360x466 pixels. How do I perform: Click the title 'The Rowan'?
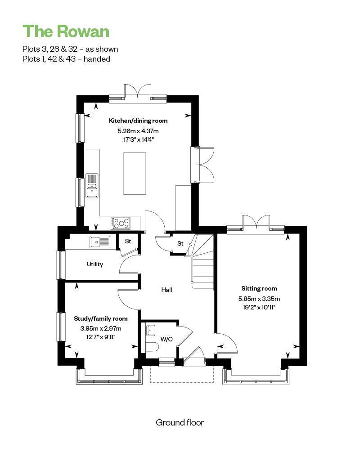66,31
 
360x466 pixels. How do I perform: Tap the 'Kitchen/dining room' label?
138,121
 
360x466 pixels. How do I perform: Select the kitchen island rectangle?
135,173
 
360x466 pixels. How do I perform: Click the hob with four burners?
121,222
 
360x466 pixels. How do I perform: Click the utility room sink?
99,242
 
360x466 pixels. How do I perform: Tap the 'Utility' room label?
95,264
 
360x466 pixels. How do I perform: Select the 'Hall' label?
166,290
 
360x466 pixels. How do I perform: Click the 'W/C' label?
166,339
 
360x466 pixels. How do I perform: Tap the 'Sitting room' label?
259,288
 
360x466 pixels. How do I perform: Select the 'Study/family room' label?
101,318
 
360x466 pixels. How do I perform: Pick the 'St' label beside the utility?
128,242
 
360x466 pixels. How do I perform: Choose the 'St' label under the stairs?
180,243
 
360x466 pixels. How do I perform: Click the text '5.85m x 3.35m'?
259,299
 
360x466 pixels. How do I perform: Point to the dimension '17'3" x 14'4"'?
138,139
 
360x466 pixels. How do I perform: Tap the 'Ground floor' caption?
180,422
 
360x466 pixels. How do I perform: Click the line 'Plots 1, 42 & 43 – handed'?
66,59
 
